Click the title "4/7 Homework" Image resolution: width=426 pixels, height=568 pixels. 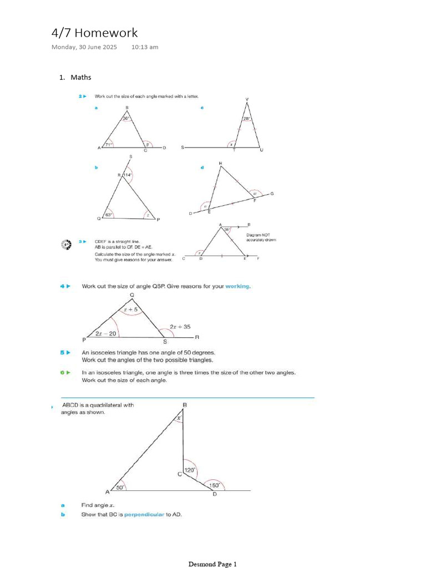click(94, 33)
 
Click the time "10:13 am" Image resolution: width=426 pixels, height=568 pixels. click(145, 47)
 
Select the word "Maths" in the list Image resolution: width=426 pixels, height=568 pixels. click(81, 77)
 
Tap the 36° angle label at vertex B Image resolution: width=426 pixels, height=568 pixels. click(126, 118)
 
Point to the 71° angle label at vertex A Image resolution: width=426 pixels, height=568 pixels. click(108, 144)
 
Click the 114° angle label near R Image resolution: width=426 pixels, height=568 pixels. click(128, 175)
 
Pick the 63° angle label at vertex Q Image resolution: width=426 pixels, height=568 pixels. click(108, 214)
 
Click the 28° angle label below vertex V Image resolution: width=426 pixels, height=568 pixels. click(247, 119)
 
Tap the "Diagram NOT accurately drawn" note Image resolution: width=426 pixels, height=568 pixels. click(261, 237)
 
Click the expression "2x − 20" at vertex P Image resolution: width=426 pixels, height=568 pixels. click(105, 333)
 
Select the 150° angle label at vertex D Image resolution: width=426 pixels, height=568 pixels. click(214, 485)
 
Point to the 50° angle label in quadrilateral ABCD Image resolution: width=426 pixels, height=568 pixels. click(119, 487)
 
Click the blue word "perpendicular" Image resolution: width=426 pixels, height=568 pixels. click(144, 514)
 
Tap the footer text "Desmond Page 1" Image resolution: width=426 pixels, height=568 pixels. click(212, 564)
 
